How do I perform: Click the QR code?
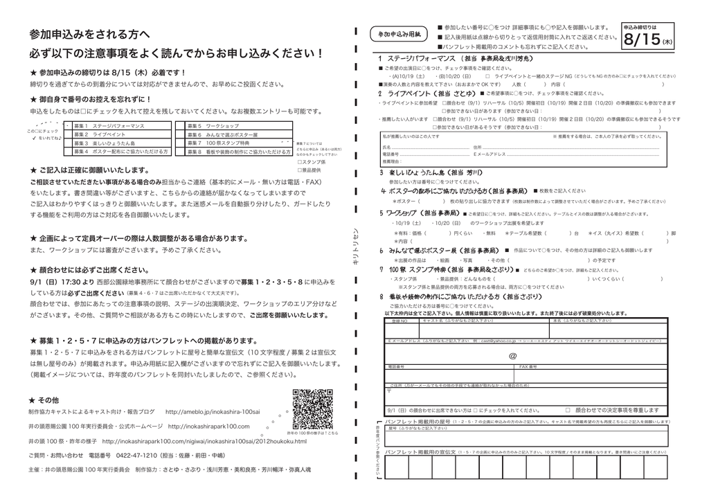tap(313, 409)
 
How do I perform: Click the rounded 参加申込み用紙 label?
tap(400, 34)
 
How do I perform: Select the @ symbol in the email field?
tap(513, 356)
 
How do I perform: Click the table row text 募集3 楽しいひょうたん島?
tap(111, 143)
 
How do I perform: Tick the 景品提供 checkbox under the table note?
tap(298, 170)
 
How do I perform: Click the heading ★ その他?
tap(44, 400)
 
